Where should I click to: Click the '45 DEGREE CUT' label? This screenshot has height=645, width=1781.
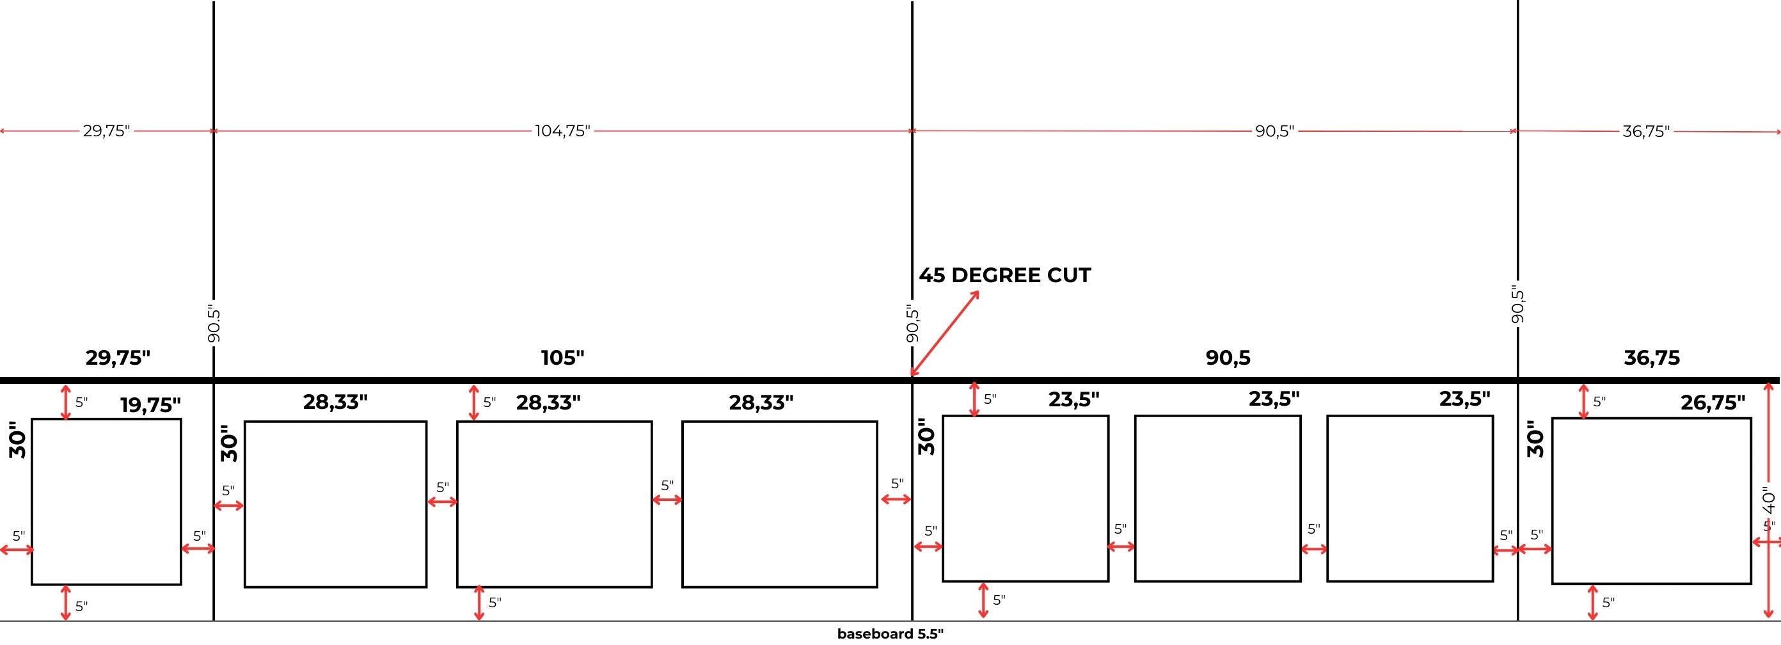pyautogui.click(x=1004, y=275)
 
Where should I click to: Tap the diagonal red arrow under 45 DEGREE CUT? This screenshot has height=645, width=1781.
pyautogui.click(x=945, y=333)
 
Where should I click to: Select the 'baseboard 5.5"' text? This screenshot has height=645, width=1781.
pyautogui.click(x=890, y=634)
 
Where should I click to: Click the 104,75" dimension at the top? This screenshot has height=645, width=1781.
pyautogui.click(x=563, y=131)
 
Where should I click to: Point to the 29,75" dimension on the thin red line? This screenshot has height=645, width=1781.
pyautogui.click(x=106, y=131)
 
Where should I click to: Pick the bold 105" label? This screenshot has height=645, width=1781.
pyautogui.click(x=562, y=358)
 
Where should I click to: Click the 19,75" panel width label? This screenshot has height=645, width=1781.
pyautogui.click(x=151, y=404)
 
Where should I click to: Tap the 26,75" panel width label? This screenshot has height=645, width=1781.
pyautogui.click(x=1713, y=402)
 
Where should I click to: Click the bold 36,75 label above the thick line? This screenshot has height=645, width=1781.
pyautogui.click(x=1652, y=358)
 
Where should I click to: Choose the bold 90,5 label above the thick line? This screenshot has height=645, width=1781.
pyautogui.click(x=1228, y=358)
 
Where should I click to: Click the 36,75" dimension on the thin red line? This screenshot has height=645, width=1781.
pyautogui.click(x=1645, y=131)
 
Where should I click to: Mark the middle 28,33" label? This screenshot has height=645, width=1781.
pyautogui.click(x=548, y=402)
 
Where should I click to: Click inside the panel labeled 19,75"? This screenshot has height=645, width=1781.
pyautogui.click(x=106, y=501)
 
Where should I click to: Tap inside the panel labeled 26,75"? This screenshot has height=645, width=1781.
pyautogui.click(x=1651, y=501)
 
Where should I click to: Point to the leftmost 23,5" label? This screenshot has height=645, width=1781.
pyautogui.click(x=1073, y=399)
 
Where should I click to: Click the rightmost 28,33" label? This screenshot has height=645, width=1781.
pyautogui.click(x=761, y=402)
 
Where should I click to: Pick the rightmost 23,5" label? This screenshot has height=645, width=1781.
pyautogui.click(x=1464, y=399)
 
